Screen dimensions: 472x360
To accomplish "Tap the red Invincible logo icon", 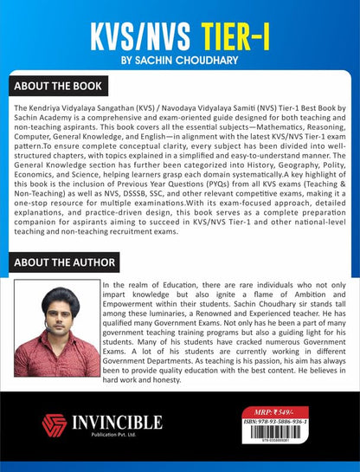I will pyautogui.click(x=55, y=424).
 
